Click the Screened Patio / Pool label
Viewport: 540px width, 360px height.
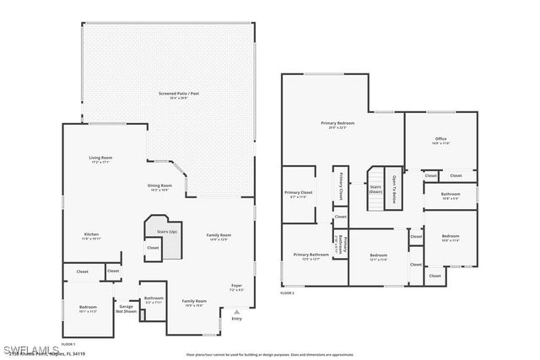[173, 94]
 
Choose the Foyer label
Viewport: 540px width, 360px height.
[236, 287]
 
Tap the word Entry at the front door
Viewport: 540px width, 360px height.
[236, 319]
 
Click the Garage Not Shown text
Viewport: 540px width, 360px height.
[126, 309]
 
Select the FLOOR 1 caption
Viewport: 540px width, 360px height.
[67, 344]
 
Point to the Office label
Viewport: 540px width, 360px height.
[440, 140]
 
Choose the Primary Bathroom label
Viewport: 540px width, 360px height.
[311, 255]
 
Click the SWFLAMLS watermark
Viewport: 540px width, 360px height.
[30, 348]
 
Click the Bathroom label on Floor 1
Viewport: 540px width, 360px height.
[154, 299]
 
